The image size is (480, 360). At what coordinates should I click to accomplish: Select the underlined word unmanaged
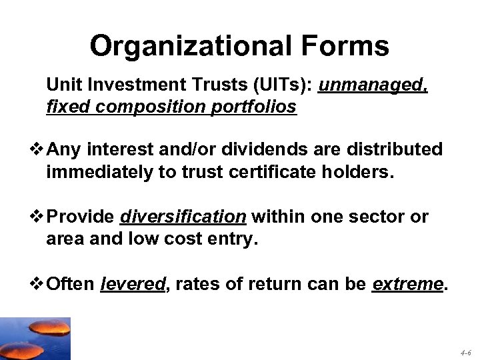tap(373, 86)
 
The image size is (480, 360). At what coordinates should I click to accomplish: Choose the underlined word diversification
tap(183, 217)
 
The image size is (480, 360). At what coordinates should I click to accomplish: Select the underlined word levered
tap(132, 285)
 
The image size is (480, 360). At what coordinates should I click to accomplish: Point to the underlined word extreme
tap(407, 285)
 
